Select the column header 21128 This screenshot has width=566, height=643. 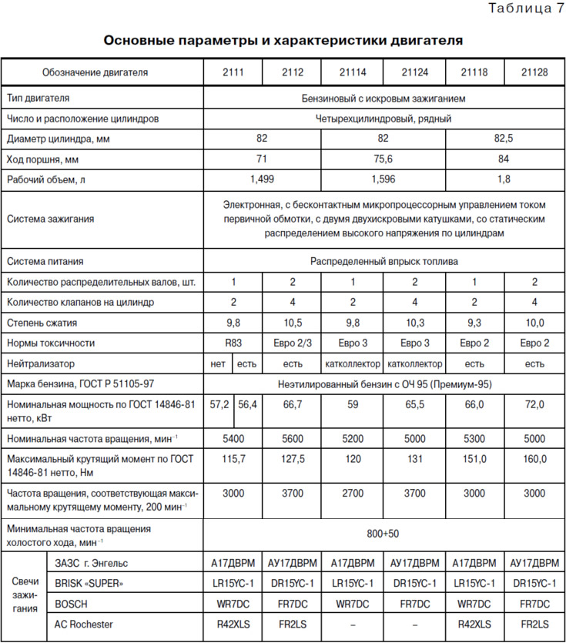tap(534, 73)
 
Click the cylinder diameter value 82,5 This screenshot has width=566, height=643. tap(504, 139)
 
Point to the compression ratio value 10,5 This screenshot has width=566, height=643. tap(292, 323)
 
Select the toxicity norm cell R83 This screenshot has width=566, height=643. tap(233, 343)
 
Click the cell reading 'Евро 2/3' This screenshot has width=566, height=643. tap(292, 343)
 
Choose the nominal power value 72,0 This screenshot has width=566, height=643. tap(534, 404)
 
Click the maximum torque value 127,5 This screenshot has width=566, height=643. tap(292, 459)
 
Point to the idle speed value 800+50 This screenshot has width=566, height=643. tap(383, 533)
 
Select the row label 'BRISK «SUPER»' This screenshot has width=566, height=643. tap(89, 583)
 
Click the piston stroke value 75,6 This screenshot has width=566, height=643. tap(383, 159)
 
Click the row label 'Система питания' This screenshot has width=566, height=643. tap(45, 261)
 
